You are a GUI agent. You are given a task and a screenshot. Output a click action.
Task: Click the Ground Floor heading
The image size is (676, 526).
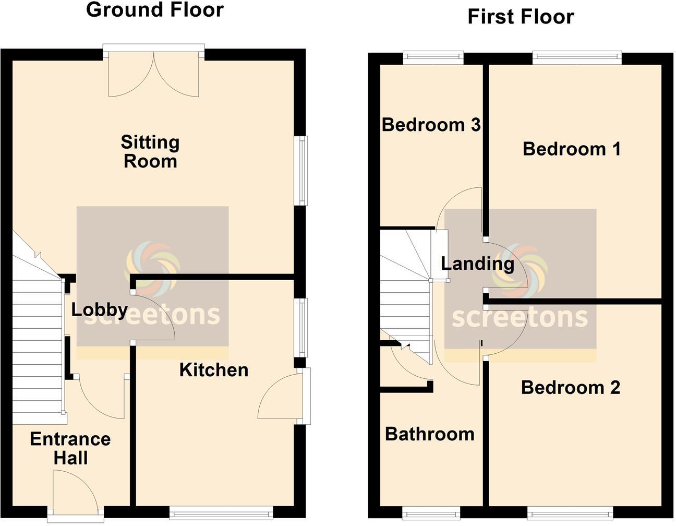[154, 9]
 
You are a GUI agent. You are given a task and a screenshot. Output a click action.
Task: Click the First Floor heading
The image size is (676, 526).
[521, 17]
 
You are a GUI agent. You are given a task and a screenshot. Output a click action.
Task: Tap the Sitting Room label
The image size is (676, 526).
[150, 151]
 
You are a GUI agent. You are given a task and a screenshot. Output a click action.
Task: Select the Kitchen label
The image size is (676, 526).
[214, 370]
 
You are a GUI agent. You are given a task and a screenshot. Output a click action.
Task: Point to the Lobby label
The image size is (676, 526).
[99, 309]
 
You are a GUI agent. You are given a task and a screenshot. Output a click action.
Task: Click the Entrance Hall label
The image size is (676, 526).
[70, 448]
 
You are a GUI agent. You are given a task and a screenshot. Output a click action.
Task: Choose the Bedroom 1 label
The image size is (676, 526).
[572, 149]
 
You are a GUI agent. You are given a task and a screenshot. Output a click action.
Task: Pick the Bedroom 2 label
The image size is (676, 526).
[571, 388]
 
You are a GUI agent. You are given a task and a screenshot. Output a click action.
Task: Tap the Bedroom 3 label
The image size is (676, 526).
[431, 125]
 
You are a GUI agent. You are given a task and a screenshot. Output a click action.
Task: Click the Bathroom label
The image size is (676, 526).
[430, 434]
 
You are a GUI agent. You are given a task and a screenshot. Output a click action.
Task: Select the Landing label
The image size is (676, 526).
[477, 264]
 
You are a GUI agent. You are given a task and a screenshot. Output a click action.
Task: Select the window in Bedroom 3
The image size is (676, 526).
[433, 57]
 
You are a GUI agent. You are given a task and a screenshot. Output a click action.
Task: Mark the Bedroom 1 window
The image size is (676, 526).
[577, 57]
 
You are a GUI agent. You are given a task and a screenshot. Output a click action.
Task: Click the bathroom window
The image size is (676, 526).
[430, 512]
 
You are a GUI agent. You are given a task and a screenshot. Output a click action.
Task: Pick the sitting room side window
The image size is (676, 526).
[300, 170]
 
